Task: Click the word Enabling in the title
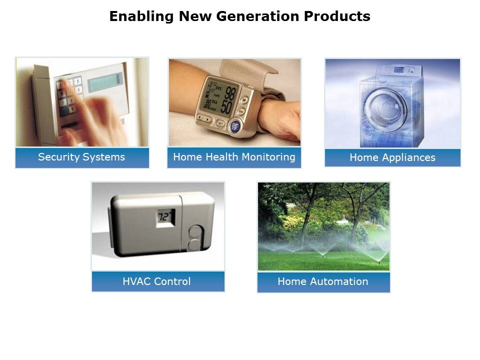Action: (141, 16)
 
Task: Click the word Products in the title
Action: (337, 16)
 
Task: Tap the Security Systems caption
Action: (81, 157)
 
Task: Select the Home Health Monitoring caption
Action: (234, 157)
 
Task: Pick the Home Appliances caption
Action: (392, 157)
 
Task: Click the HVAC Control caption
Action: (156, 281)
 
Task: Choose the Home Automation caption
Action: (323, 281)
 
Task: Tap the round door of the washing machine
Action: (386, 107)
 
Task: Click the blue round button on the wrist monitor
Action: (235, 126)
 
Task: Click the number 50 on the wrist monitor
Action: (226, 107)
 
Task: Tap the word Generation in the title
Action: (257, 16)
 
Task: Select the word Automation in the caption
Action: (339, 281)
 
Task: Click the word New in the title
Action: (195, 16)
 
